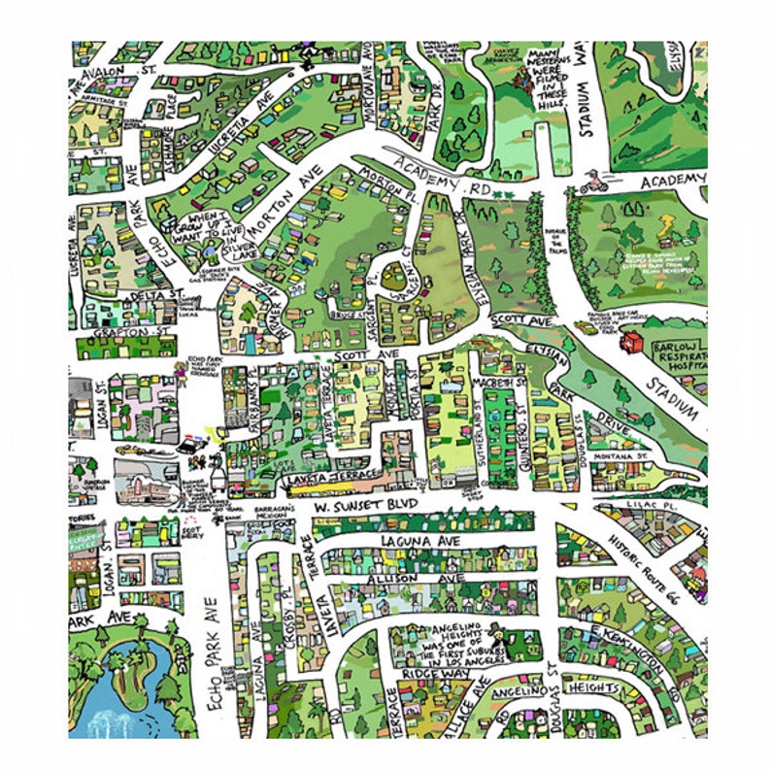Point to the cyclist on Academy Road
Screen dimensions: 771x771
[593, 181]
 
